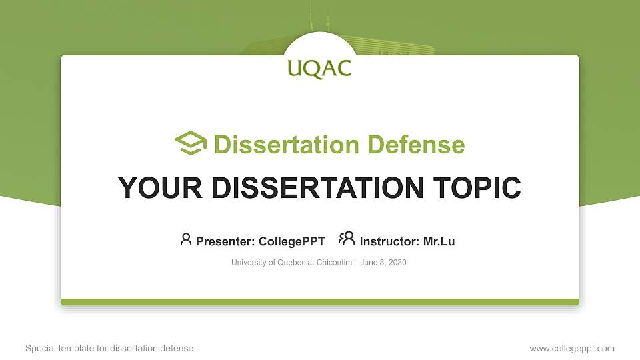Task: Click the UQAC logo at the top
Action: [319, 68]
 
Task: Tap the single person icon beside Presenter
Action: [186, 239]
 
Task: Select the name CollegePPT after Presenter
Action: [291, 241]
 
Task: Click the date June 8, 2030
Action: [383, 263]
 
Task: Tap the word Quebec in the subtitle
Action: [284, 263]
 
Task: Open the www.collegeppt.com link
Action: [571, 348]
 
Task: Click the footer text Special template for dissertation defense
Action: [109, 348]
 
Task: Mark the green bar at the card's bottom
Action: [320, 302]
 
